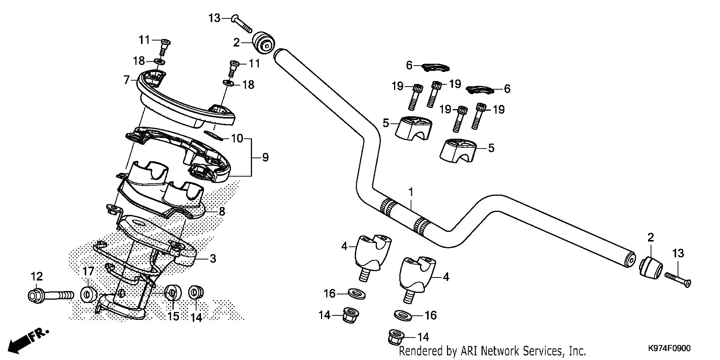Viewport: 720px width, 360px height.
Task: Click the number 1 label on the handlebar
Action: [411, 192]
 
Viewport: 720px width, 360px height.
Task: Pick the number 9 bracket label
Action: [265, 157]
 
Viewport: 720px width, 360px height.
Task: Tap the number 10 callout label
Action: [237, 139]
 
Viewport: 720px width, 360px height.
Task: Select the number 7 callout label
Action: [127, 79]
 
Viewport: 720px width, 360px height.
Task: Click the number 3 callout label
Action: [213, 258]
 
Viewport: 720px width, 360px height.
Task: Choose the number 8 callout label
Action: [222, 211]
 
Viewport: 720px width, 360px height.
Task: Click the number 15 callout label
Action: [173, 316]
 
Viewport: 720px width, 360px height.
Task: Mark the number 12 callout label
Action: [37, 277]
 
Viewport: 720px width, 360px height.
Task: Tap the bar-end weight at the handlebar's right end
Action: [651, 267]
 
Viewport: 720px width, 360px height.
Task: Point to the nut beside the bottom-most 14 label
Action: [396, 337]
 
